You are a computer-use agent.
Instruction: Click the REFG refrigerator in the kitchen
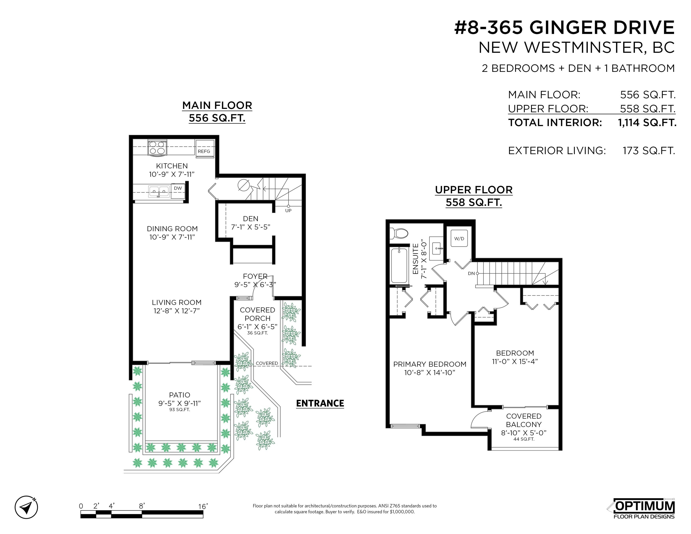(205, 148)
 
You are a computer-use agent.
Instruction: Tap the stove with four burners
(157, 148)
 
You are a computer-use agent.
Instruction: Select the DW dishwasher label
(178, 188)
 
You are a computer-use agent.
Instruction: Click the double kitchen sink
(159, 191)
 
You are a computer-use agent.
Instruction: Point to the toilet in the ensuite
(399, 234)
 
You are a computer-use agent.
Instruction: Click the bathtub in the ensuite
(399, 265)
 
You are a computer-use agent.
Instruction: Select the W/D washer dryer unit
(459, 238)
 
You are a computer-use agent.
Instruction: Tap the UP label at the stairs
(288, 211)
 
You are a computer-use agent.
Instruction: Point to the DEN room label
(251, 219)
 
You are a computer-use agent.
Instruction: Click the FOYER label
(255, 276)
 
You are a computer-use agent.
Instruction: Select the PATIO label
(180, 395)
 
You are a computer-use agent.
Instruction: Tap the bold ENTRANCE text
(320, 403)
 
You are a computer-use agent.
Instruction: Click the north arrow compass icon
(26, 507)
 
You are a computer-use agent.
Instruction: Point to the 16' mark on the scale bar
(203, 506)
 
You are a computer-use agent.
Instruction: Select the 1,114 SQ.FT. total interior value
(647, 123)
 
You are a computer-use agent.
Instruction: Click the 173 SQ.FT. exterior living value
(649, 151)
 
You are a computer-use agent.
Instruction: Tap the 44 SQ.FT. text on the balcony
(524, 439)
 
